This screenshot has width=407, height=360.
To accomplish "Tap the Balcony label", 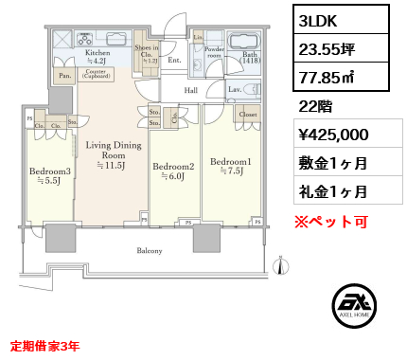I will click(149, 251).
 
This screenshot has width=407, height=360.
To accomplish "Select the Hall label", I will click(190, 90).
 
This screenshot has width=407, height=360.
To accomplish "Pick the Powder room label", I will click(213, 53).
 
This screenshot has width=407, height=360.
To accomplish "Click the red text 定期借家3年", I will click(45, 347).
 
